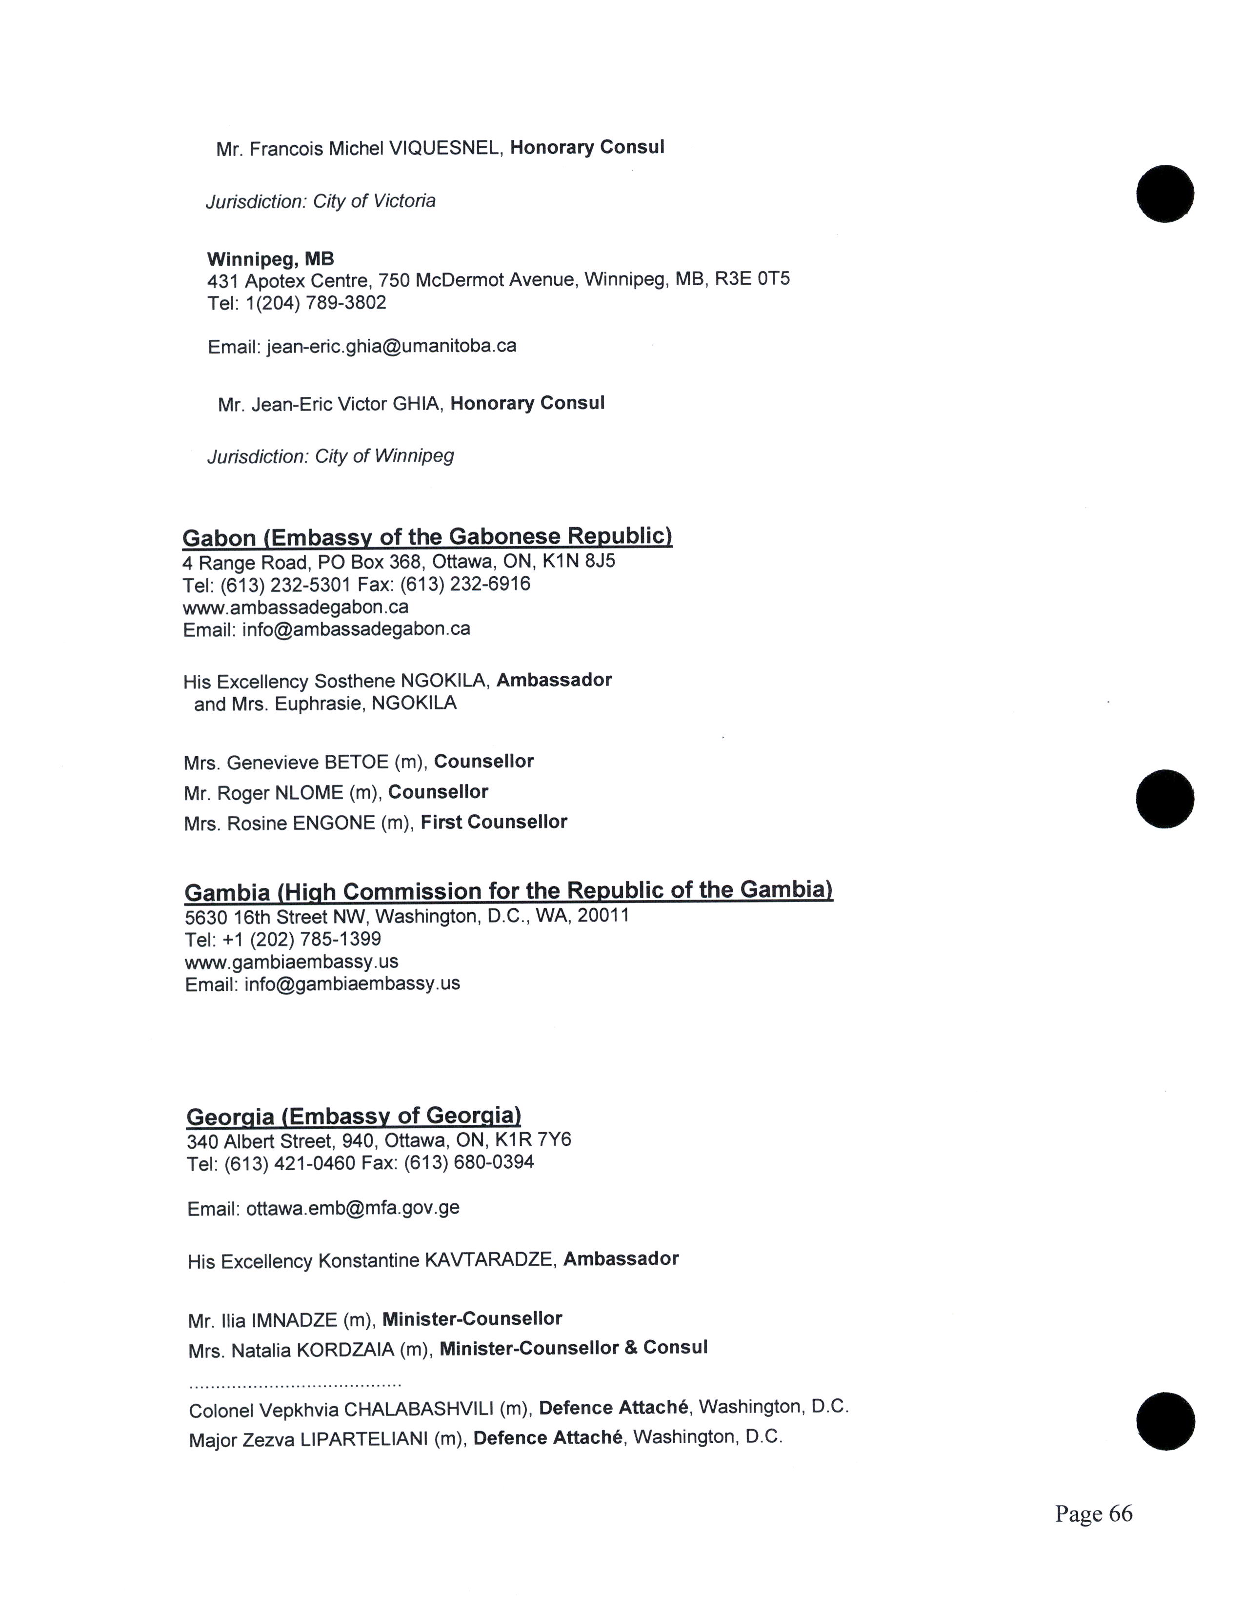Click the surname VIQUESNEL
445,149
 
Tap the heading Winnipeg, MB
270,259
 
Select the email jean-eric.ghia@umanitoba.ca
391,346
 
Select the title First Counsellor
494,822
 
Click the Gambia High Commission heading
508,891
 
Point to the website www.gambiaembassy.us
292,962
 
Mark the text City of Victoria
374,201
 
